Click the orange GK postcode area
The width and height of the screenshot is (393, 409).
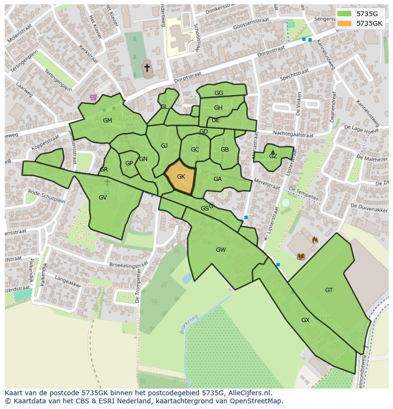(180, 177)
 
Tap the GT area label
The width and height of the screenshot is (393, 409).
(329, 290)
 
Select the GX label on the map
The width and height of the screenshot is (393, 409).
(305, 320)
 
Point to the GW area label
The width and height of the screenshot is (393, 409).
(221, 250)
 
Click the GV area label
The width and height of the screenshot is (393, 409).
(103, 198)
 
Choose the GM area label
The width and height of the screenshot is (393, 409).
(107, 121)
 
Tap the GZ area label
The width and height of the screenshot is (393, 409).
(273, 156)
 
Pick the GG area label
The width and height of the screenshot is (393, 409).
(219, 93)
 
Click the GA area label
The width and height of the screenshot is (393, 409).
(217, 179)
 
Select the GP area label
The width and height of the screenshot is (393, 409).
(129, 163)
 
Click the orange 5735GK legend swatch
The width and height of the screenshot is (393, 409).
(345, 23)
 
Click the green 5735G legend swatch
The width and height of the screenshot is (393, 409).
(345, 14)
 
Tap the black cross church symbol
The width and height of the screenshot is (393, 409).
(147, 68)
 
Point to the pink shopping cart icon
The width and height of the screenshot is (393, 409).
(93, 97)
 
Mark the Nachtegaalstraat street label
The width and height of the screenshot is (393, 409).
(293, 134)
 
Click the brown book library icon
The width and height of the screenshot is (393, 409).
(300, 257)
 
